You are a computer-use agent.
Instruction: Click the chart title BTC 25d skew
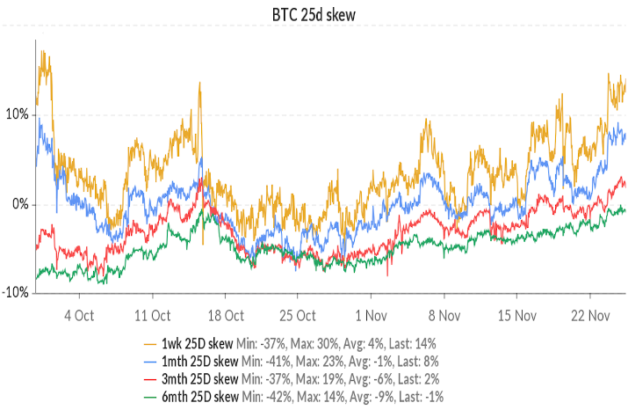pyautogui.click(x=314, y=15)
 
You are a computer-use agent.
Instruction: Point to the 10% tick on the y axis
pyautogui.click(x=16, y=114)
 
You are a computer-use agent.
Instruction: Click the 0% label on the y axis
pyautogui.click(x=18, y=204)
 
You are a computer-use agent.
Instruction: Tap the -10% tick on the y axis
pyautogui.click(x=15, y=293)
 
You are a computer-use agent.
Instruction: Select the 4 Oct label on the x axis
pyautogui.click(x=80, y=314)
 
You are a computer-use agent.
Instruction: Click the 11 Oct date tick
pyautogui.click(x=153, y=314)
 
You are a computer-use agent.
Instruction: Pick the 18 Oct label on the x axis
pyautogui.click(x=226, y=314)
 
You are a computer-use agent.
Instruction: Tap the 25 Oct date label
pyautogui.click(x=299, y=314)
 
